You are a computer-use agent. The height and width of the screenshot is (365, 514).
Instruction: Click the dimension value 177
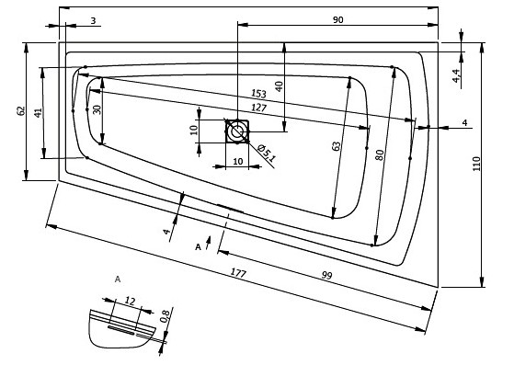(x=238, y=273)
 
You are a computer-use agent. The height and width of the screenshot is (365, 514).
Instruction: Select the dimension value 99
(x=326, y=275)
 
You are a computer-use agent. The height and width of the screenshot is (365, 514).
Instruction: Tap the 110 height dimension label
(x=476, y=164)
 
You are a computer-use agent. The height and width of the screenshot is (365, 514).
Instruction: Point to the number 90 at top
(x=338, y=20)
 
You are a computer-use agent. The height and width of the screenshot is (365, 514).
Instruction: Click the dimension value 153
(x=258, y=94)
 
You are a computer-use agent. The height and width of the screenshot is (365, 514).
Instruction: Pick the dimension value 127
(x=259, y=108)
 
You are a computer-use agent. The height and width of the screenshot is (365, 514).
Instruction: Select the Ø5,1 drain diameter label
(x=268, y=154)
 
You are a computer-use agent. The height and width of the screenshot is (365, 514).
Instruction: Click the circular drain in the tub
(x=236, y=131)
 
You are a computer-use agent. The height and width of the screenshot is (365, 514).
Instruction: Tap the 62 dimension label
(x=20, y=110)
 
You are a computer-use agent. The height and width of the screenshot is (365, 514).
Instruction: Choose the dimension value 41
(x=39, y=113)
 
